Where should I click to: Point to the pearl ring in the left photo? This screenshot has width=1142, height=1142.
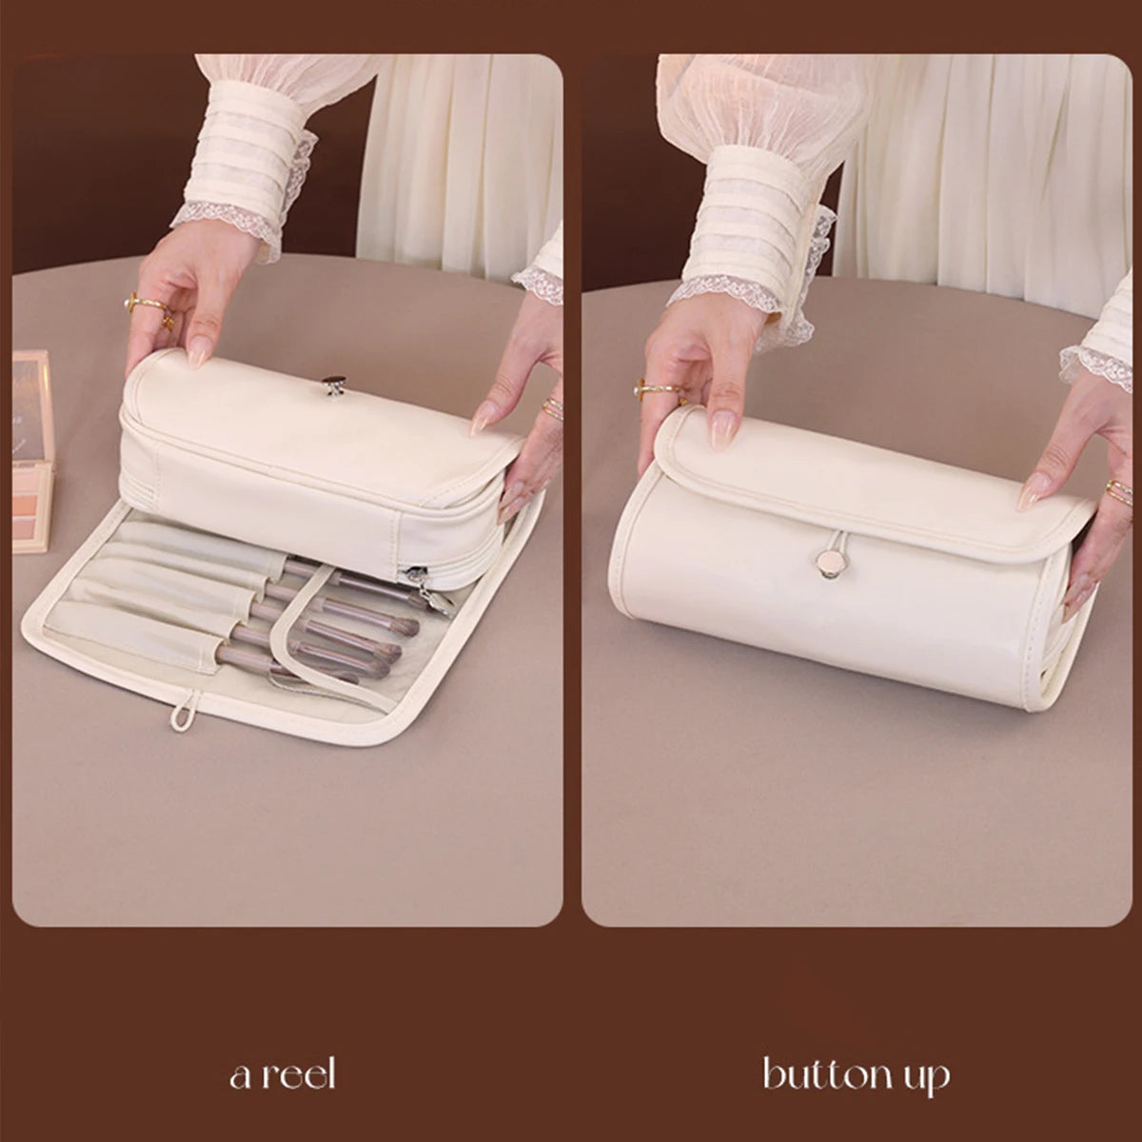tap(128, 304)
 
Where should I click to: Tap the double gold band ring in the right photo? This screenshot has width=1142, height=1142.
tap(1119, 489)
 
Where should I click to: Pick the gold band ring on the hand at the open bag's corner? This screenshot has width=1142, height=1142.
tap(551, 406)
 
